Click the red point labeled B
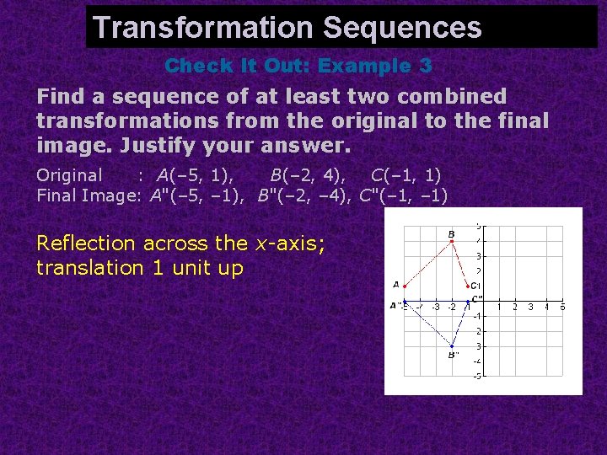[x=452, y=241]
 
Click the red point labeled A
[x=405, y=286]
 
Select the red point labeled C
[x=468, y=286]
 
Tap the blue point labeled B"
[x=452, y=345]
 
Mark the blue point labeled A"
[x=405, y=301]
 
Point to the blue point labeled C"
[x=468, y=301]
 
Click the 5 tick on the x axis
[x=561, y=308]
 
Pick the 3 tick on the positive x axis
[x=530, y=308]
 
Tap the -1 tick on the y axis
[x=477, y=316]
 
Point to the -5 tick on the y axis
[x=477, y=376]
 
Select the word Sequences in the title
[x=402, y=28]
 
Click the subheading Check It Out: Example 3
[x=298, y=66]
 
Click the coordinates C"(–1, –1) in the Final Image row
[x=403, y=196]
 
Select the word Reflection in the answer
[x=86, y=244]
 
